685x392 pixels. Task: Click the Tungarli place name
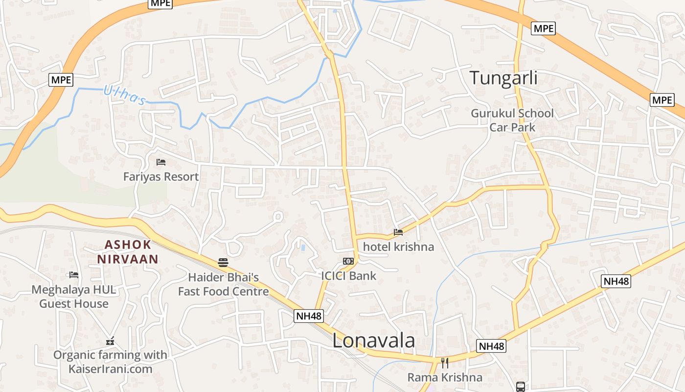(x=503, y=78)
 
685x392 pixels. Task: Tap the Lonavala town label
(x=374, y=341)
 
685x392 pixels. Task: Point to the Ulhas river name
(x=124, y=95)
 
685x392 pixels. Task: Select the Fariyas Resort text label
(x=161, y=176)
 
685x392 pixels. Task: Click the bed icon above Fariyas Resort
(x=161, y=162)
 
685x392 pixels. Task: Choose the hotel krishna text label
(x=398, y=246)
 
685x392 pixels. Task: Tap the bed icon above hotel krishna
(x=398, y=232)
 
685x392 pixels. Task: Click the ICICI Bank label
(x=348, y=275)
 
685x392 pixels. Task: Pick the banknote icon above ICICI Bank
(x=348, y=261)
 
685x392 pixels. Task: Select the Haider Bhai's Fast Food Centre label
(x=223, y=285)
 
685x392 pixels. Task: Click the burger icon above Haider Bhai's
(x=223, y=263)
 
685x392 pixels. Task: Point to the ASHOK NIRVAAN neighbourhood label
(x=127, y=252)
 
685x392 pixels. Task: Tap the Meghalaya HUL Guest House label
(x=74, y=296)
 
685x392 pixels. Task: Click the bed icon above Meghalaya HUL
(x=74, y=275)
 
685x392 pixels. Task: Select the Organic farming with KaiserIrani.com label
(x=110, y=362)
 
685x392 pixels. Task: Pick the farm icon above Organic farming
(x=110, y=341)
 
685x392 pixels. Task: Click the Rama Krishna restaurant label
(x=445, y=377)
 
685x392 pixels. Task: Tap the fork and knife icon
(x=445, y=363)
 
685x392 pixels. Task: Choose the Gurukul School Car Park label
(x=512, y=121)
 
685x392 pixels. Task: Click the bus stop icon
(x=521, y=387)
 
